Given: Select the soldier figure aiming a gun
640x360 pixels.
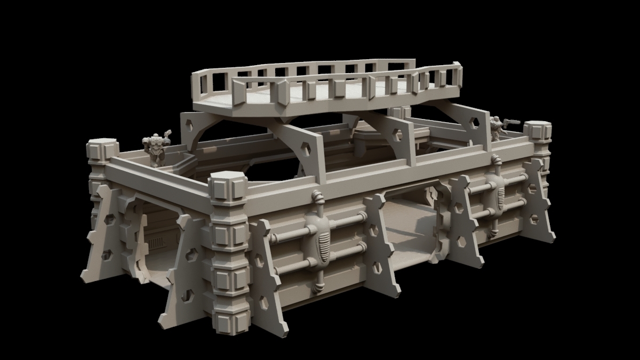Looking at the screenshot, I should pyautogui.click(x=497, y=128).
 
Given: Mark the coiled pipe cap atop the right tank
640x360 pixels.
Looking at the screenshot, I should pyautogui.click(x=497, y=160).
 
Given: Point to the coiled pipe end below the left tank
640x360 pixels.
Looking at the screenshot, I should pyautogui.click(x=318, y=288).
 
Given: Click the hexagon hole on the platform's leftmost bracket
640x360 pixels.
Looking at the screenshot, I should pyautogui.click(x=190, y=128).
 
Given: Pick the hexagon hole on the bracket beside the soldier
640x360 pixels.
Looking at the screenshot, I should pyautogui.click(x=473, y=122).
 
